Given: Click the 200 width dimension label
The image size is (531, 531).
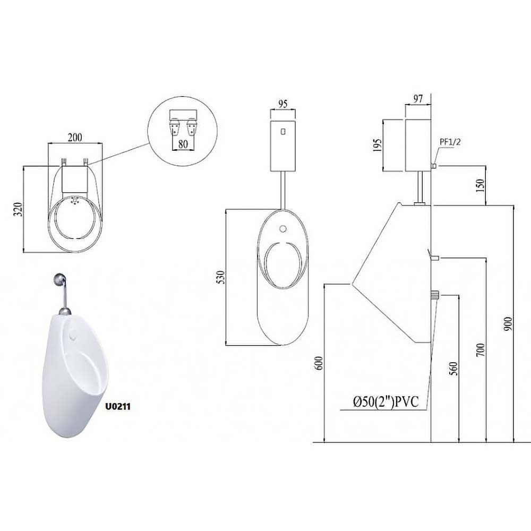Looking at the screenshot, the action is pos(75,138).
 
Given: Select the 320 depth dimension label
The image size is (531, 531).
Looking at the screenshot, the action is pos(18,210).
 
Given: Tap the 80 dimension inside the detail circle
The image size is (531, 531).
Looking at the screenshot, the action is pos(183,144).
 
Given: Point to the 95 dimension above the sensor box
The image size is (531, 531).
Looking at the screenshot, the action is pos(283,104).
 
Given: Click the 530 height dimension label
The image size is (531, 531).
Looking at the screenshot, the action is pos(220,277).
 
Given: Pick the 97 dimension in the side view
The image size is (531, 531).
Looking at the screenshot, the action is pos(418,99).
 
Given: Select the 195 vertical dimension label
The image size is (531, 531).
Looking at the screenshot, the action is pos(378,145).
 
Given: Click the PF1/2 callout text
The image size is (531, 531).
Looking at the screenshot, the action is pos(450,142).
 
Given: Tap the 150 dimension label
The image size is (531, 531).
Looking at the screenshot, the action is pos(480,185).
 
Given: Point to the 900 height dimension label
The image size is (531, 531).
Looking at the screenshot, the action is pos(508,324).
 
